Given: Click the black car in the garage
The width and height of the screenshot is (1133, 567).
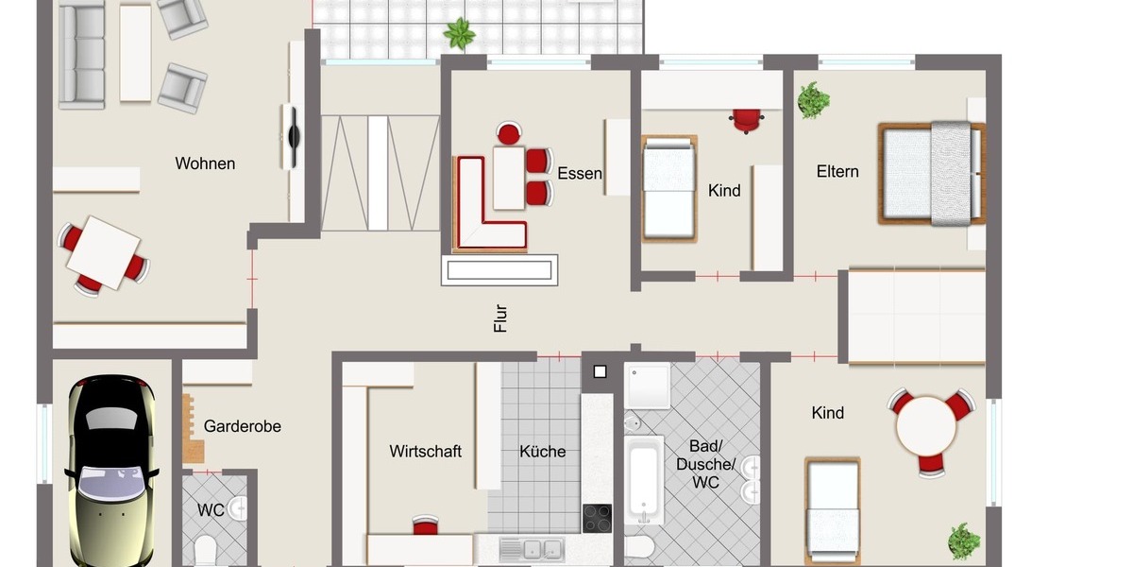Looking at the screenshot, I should point(110,472).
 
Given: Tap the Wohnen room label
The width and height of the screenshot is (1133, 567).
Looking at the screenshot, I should point(205,163).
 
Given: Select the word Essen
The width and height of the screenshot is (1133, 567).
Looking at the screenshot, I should point(580,173).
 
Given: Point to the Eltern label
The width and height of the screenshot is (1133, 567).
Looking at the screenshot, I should point(837,171).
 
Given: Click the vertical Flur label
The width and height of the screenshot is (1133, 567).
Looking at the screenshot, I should point(500,318).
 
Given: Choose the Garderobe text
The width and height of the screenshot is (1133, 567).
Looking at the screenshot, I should point(243,426).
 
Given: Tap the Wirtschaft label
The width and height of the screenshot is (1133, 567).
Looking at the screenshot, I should point(425,451).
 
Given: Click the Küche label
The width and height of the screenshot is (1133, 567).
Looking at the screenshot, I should point(543,451).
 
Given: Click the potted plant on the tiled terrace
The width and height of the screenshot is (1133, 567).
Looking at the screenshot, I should point(460,33).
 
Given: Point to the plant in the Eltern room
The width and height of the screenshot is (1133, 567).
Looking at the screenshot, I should point(812,99).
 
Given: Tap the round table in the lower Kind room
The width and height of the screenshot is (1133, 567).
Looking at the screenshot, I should point(926,424).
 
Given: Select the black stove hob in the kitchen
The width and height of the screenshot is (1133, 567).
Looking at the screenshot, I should point(597,518).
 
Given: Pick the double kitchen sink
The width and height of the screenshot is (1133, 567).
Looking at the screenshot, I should point(533,547).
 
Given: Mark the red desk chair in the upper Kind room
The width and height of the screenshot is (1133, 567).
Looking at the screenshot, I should point(747,119).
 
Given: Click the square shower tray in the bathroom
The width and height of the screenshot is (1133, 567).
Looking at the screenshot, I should point(648,386).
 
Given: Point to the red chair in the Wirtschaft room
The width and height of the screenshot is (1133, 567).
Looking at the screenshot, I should point(426,524).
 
